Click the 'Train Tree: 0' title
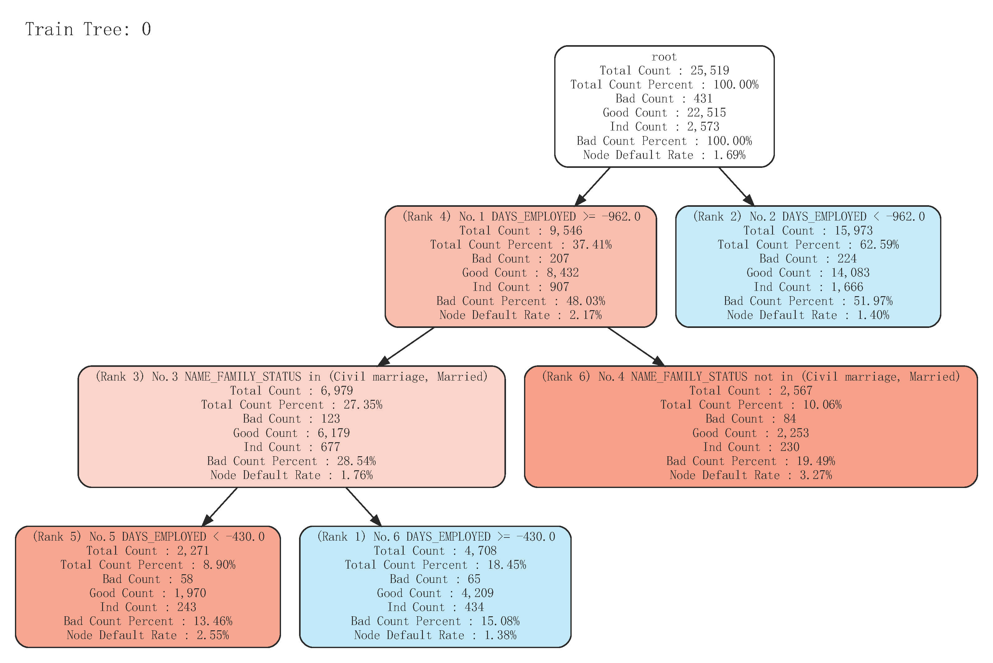tap(88, 30)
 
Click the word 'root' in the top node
tap(664, 57)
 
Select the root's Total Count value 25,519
tap(710, 71)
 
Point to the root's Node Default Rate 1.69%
tap(729, 155)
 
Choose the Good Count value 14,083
tap(850, 273)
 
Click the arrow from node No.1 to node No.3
tap(406, 347)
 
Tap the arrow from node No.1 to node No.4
tap(635, 347)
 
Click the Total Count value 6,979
tap(337, 391)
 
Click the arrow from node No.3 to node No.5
tap(220, 507)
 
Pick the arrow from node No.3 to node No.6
tap(363, 507)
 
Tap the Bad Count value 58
tap(186, 579)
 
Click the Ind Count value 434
tap(474, 607)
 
